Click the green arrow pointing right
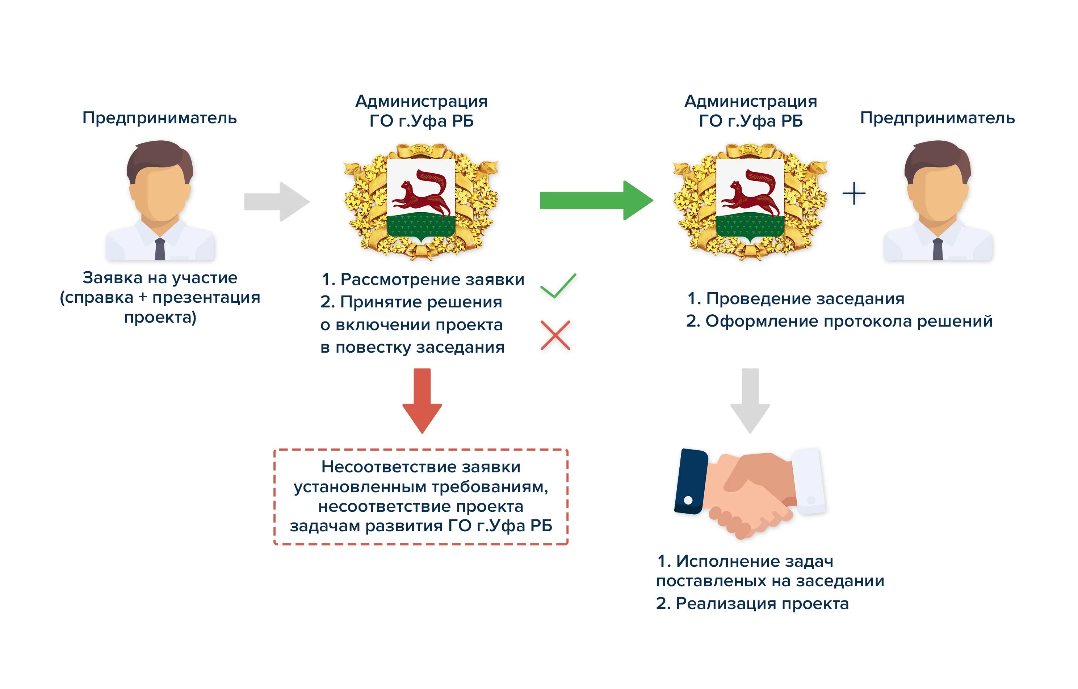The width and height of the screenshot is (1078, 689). [x=596, y=200]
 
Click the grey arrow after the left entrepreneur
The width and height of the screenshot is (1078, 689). [x=277, y=201]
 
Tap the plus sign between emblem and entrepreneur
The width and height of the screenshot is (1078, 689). [x=853, y=193]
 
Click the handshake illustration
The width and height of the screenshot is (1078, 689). [x=750, y=492]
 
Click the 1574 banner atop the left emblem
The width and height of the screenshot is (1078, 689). [x=421, y=149]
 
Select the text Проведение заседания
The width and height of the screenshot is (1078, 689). [x=805, y=298]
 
